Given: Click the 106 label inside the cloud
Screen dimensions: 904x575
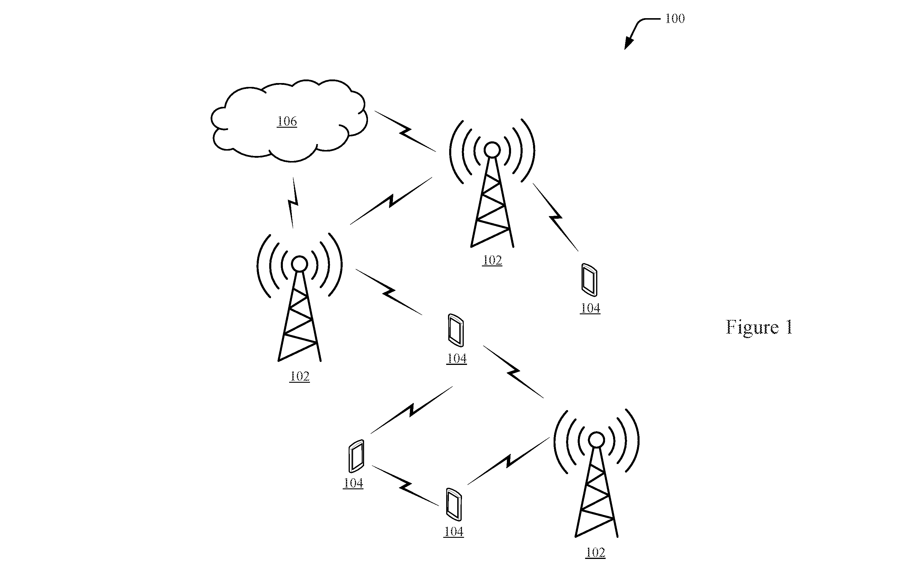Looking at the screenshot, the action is click(x=287, y=121).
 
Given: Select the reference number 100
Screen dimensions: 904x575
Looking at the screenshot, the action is click(x=675, y=18).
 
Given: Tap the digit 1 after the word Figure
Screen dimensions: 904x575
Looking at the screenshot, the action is click(x=789, y=327).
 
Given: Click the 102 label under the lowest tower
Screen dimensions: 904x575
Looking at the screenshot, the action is click(x=596, y=552).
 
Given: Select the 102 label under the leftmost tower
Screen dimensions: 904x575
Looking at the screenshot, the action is click(x=300, y=376).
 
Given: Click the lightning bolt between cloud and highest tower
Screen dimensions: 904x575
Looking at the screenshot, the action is click(x=405, y=132).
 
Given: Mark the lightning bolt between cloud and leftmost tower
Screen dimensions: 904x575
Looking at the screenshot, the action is click(x=293, y=203).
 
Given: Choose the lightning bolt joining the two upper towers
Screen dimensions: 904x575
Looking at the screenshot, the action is click(x=391, y=201).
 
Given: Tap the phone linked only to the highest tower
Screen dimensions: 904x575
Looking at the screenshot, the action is click(x=589, y=280).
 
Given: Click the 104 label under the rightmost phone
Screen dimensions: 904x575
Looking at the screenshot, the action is click(x=590, y=308).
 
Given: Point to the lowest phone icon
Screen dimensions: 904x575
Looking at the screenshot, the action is click(x=454, y=504).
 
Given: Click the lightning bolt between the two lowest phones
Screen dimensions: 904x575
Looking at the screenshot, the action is click(x=405, y=486).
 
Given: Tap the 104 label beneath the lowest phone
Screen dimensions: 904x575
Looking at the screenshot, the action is click(x=454, y=532).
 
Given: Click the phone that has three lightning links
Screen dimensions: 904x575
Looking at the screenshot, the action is click(x=456, y=330).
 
